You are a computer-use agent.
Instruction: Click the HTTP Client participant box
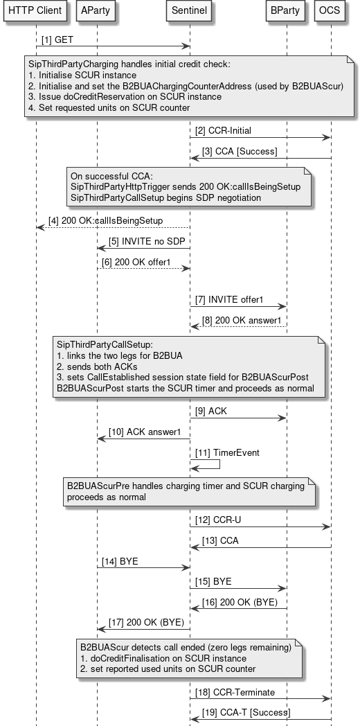35,10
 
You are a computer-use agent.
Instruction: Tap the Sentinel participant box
190,10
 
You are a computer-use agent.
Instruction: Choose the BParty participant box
286,10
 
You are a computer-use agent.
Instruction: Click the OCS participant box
330,10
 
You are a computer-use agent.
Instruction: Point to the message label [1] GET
57,41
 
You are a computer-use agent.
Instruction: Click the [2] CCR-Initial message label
222,130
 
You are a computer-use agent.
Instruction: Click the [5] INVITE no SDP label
141,241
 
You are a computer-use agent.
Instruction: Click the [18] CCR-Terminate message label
226,691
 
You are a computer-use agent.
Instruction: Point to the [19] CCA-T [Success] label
246,712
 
